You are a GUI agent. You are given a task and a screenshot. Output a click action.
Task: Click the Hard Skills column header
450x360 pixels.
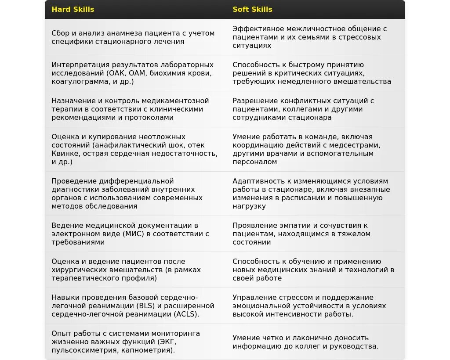pyautogui.click(x=73, y=9)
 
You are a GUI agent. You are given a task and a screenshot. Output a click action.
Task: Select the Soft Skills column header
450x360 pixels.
pyautogui.click(x=252, y=9)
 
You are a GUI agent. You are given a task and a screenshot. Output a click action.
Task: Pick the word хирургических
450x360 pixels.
pyautogui.click(x=79, y=270)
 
